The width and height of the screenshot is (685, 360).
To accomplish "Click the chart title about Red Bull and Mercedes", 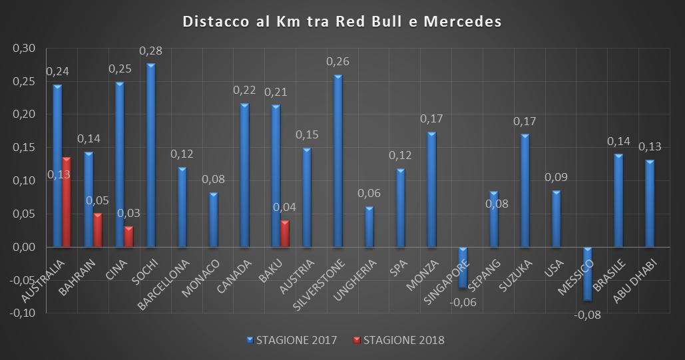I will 342,22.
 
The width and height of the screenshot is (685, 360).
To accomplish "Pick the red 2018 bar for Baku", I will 285,234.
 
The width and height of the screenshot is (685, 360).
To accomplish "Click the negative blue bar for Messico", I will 587,273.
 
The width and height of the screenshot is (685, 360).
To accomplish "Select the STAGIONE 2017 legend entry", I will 292,340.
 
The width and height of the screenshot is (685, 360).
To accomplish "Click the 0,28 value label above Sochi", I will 151,51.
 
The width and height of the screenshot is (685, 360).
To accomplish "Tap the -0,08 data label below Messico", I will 588,315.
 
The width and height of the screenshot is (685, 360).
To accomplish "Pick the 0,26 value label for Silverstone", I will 338,62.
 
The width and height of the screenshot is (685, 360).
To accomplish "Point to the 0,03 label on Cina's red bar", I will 128,213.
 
